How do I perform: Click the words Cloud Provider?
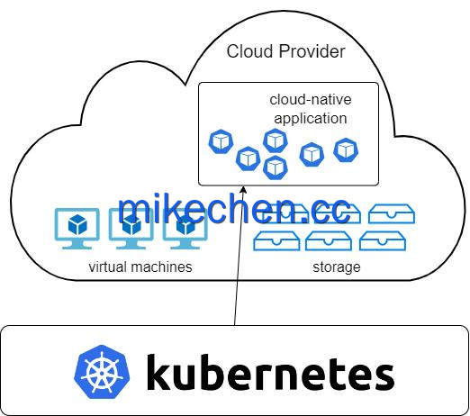tap(285, 51)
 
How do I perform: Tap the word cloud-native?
tap(311, 100)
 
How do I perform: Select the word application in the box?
tap(311, 119)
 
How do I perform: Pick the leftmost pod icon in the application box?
tap(221, 141)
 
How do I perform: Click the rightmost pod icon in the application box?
tap(346, 150)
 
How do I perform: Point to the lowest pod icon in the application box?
tap(276, 167)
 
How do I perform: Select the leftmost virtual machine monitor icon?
tap(77, 229)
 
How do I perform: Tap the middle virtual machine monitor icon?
tap(131, 229)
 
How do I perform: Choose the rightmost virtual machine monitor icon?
tap(185, 229)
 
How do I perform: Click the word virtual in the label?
tap(108, 267)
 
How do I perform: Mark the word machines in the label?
tap(161, 267)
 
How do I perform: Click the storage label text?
tap(337, 267)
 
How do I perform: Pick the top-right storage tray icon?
tap(392, 213)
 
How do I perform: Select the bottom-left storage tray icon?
tap(276, 240)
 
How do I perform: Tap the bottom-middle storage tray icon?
tap(329, 240)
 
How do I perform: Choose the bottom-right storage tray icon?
tap(383, 240)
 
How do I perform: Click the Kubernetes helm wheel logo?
tap(102, 372)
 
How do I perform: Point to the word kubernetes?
tap(270, 372)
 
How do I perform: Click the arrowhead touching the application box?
tap(243, 190)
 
